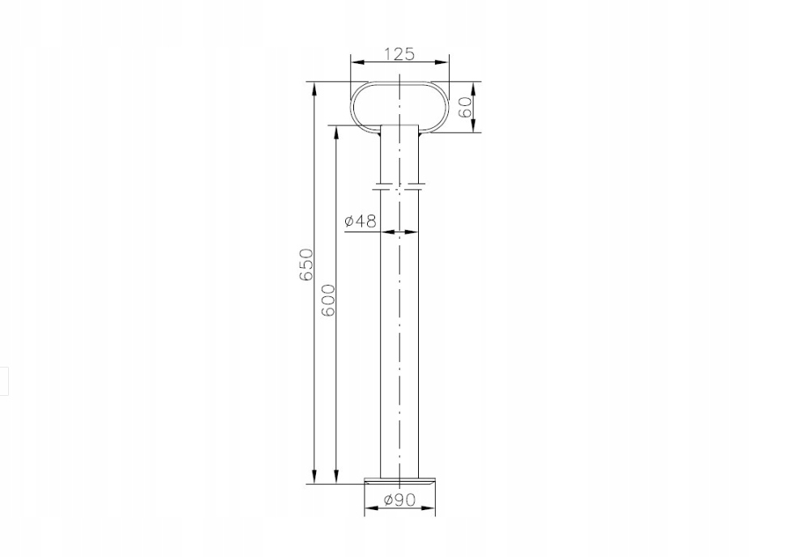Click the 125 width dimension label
tap(399, 53)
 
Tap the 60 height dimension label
tap(466, 107)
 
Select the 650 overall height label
tap(306, 265)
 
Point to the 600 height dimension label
tap(328, 300)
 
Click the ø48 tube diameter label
tap(361, 221)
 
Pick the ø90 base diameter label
tap(399, 500)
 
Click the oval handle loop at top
tap(352, 107)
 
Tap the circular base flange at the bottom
tap(399, 482)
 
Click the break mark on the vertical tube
tap(399, 186)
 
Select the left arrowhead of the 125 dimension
tap(357, 62)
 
